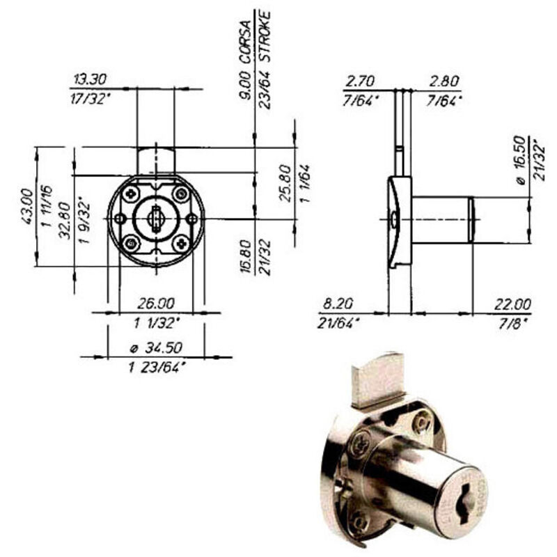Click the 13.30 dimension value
point(90,79)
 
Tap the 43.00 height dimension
point(28,207)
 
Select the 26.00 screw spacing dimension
point(156,304)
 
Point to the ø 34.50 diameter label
point(156,347)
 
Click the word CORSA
point(246,42)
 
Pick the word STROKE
point(265,37)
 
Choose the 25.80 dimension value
point(285,183)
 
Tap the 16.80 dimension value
point(246,256)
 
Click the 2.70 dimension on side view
point(359,81)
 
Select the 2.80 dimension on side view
point(444,81)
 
